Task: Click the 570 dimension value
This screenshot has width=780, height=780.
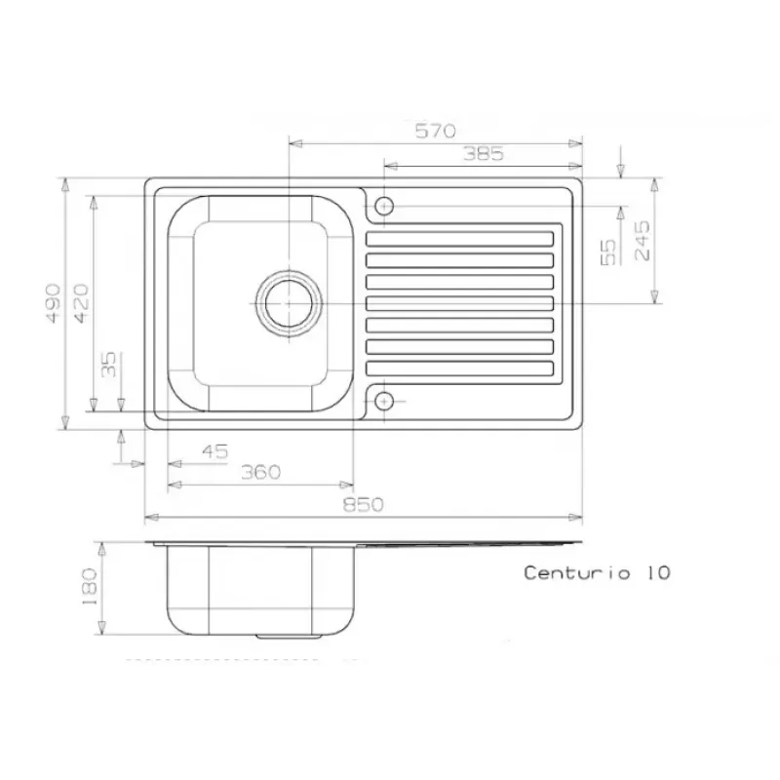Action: tap(435, 131)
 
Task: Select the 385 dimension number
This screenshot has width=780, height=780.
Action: tap(484, 154)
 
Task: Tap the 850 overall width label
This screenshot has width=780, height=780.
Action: tap(363, 505)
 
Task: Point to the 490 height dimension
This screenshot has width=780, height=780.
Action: tap(54, 303)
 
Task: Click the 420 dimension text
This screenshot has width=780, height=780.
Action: tap(81, 303)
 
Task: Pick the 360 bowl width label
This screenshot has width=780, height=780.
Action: tap(260, 472)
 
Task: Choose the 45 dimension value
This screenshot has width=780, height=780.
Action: tap(214, 451)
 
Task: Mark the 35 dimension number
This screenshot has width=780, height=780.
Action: tap(108, 364)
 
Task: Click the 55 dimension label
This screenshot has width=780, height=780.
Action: tap(607, 253)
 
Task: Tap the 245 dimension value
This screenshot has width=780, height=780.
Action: tap(643, 241)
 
